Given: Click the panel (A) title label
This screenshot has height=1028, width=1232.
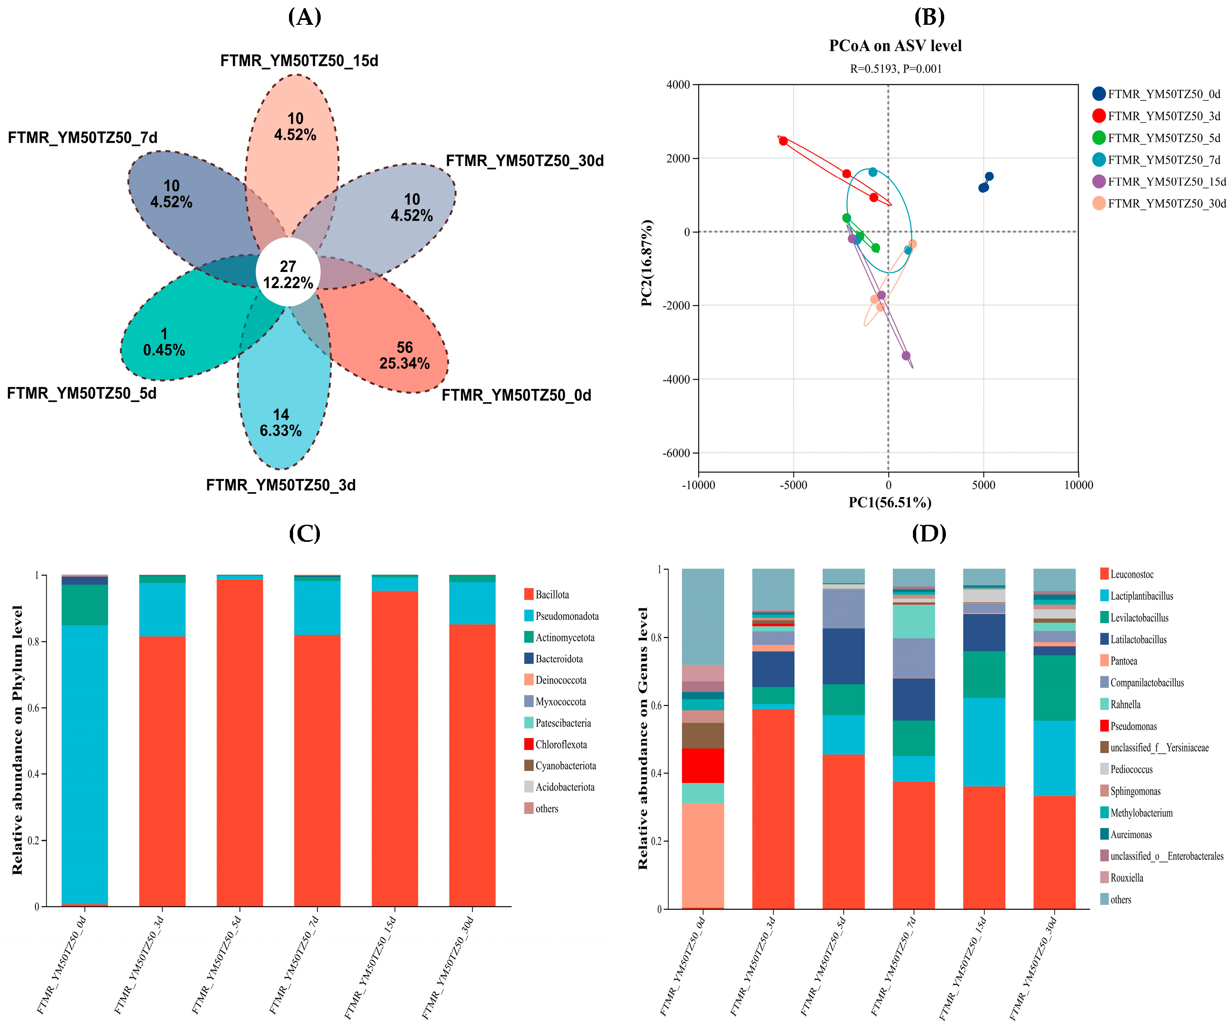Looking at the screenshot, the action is pos(304,17).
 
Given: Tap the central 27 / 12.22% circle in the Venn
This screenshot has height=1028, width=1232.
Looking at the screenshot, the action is pos(288,272).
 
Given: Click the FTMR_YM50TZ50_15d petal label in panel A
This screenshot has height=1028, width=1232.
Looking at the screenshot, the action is pos(299,61).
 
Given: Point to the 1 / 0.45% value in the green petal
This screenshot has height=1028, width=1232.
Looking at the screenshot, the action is pos(164,342).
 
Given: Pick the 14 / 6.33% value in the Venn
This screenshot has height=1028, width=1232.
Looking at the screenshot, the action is pos(281,422).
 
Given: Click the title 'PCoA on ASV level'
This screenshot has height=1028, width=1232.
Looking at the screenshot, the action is pos(895,46).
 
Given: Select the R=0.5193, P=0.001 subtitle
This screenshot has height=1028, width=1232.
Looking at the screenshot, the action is pos(896,69).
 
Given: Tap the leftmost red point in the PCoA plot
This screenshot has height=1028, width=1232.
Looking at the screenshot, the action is pos(783,141).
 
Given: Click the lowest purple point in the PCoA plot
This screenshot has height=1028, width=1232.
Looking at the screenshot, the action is pos(906,356).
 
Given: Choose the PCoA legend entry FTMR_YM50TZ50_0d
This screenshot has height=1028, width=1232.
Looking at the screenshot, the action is pos(1156,94).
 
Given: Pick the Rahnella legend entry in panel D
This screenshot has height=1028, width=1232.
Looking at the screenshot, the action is pos(1121,704).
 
